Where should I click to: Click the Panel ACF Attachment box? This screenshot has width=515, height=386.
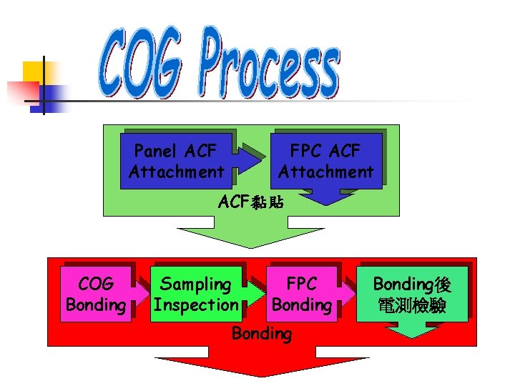coord(176,161)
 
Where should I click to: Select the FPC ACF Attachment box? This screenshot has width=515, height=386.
coord(325,161)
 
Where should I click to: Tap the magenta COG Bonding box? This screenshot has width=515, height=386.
coord(96,294)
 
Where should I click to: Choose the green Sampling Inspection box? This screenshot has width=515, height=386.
coord(195,294)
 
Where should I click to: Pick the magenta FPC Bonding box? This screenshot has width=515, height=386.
coord(301,294)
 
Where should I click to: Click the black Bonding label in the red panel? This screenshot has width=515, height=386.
coord(261,334)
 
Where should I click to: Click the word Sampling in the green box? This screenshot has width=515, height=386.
coord(195,284)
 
